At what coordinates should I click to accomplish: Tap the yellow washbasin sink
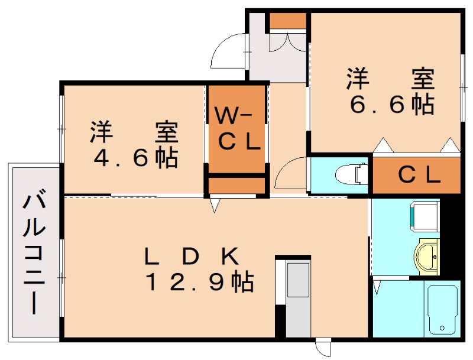(x=427, y=256)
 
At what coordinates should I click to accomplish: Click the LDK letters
(x=192, y=256)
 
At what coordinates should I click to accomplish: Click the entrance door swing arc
(x=228, y=53)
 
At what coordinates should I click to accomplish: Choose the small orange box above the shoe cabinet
(x=288, y=20)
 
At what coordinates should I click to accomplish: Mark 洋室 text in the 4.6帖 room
(x=135, y=131)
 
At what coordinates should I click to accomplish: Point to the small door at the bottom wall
(x=323, y=349)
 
